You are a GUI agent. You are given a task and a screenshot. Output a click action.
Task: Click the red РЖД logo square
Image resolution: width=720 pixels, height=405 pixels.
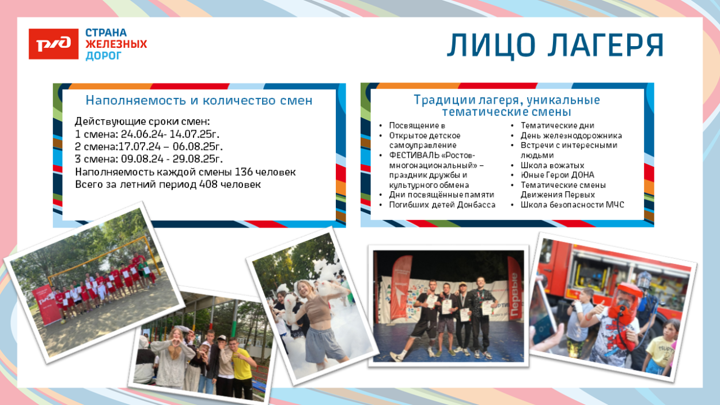(53, 44)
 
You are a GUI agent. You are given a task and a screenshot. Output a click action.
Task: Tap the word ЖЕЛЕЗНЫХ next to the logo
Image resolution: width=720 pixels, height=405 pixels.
(116, 44)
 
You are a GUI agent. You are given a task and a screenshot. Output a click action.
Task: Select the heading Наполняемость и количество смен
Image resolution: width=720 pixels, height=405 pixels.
(199, 100)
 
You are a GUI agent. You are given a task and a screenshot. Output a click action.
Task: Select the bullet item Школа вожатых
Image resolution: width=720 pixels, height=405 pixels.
(552, 165)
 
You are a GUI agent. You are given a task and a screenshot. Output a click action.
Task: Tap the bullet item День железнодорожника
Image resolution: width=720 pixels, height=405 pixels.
(571, 135)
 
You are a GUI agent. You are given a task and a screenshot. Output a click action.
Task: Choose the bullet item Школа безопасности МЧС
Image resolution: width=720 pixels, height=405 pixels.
(572, 205)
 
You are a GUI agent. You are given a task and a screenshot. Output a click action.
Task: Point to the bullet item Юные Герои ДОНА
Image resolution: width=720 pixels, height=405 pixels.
(557, 175)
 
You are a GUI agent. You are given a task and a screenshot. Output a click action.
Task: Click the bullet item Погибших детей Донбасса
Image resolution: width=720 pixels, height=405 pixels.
(442, 205)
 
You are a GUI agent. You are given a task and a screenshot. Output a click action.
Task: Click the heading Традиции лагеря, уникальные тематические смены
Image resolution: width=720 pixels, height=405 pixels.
(507, 105)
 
